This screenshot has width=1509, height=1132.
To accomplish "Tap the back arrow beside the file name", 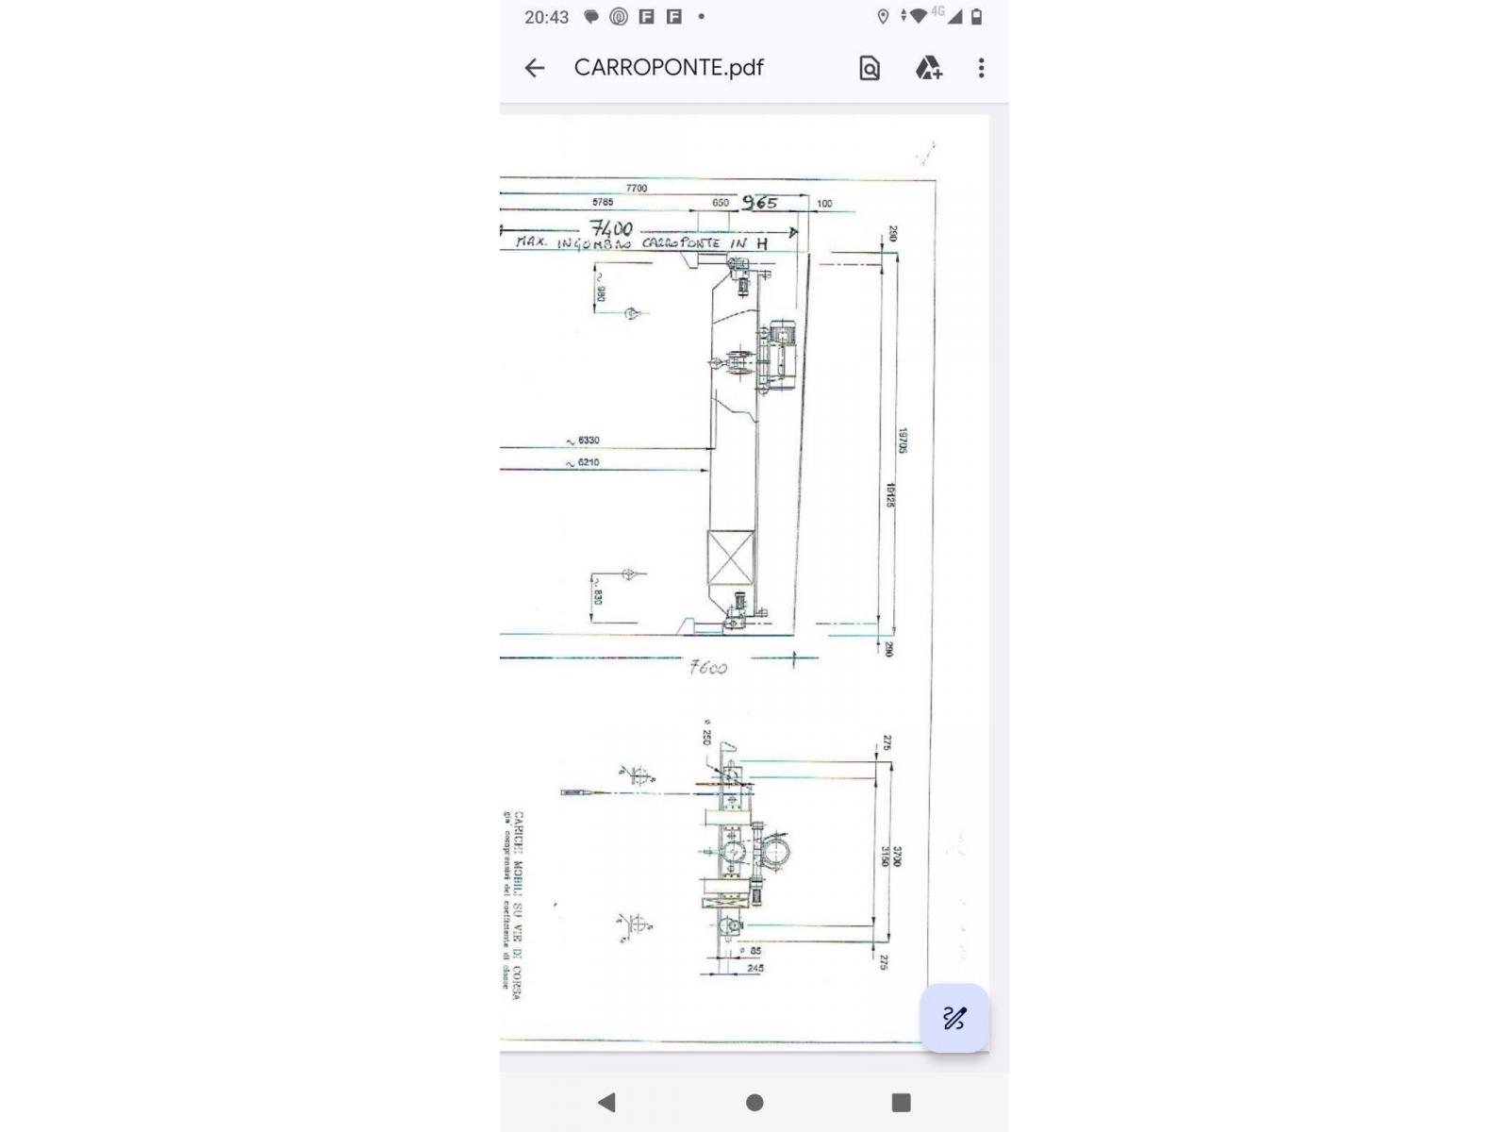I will [535, 68].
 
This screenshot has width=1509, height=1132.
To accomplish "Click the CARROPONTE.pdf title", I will [669, 68].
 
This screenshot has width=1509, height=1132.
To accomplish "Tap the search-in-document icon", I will [870, 68].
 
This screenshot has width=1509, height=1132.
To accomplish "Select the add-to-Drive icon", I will [928, 68].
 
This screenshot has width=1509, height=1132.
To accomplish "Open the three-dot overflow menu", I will [982, 68].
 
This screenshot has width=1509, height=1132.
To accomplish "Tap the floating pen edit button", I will [954, 1018].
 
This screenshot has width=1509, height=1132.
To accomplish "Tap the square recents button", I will [901, 1102].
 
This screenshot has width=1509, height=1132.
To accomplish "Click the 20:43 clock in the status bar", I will [547, 17].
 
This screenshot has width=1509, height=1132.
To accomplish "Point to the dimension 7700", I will [637, 188].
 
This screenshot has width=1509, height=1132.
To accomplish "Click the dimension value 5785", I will [603, 202].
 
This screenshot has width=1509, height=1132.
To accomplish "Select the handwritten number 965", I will [759, 202].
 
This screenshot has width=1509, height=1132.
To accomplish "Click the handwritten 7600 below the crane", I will [708, 667].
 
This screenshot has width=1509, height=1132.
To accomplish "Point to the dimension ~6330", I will [584, 441].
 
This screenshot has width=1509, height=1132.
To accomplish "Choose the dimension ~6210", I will [584, 462].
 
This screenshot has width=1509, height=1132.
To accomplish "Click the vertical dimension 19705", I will [903, 441].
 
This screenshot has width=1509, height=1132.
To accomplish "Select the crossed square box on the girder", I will [731, 558].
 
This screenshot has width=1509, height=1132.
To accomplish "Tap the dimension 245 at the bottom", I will [755, 968].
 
